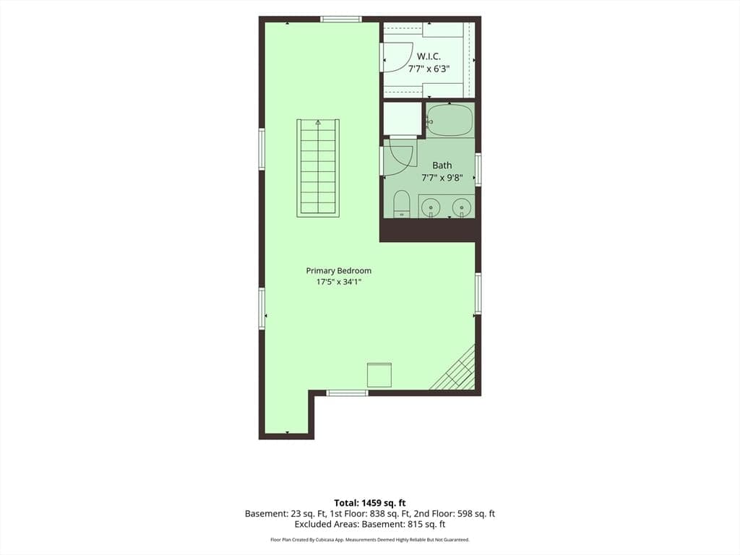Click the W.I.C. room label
(429, 56)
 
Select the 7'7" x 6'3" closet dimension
(429, 69)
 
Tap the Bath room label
(442, 165)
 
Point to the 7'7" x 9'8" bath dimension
(442, 178)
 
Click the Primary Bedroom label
(339, 270)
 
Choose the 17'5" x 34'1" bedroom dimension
(339, 283)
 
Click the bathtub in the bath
(449, 121)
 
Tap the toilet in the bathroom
(402, 204)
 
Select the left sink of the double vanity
(431, 207)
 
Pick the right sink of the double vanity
(461, 207)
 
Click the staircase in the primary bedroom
(318, 168)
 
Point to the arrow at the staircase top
(318, 123)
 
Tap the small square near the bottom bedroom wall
(379, 375)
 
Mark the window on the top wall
(341, 20)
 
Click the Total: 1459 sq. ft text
(370, 503)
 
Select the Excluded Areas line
(370, 525)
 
